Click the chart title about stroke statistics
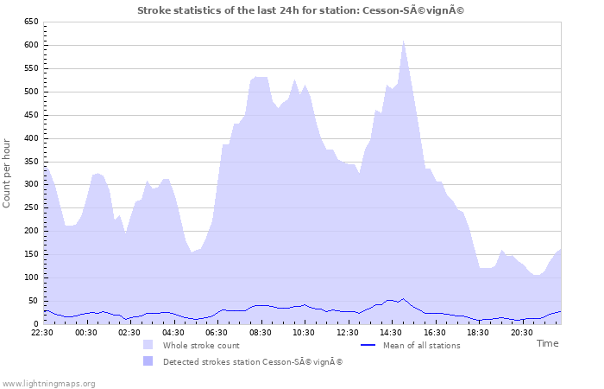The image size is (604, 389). tap(306, 10)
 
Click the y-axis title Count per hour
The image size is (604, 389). tap(8, 172)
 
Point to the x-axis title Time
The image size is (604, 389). tap(547, 343)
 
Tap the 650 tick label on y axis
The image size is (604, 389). tap(31, 22)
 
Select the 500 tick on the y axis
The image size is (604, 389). tap(31, 92)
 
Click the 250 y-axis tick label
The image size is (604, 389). tap(31, 207)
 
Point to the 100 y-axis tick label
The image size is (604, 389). tap(31, 277)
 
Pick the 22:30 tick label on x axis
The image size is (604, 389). tap(43, 331)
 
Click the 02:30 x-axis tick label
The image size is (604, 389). tap(129, 331)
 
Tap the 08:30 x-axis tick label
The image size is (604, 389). tap(260, 331)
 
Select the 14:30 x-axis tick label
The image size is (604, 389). tap(391, 331)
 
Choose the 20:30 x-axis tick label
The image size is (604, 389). tap(521, 331)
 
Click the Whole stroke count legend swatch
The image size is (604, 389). tap(148, 345)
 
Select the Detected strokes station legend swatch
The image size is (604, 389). tap(148, 361)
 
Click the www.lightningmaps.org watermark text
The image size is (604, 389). tap(47, 382)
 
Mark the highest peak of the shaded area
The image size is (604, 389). tap(403, 41)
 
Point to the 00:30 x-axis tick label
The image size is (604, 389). tap(86, 331)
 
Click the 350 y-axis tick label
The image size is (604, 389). tap(31, 161)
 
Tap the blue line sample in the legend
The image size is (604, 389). tap(368, 345)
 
